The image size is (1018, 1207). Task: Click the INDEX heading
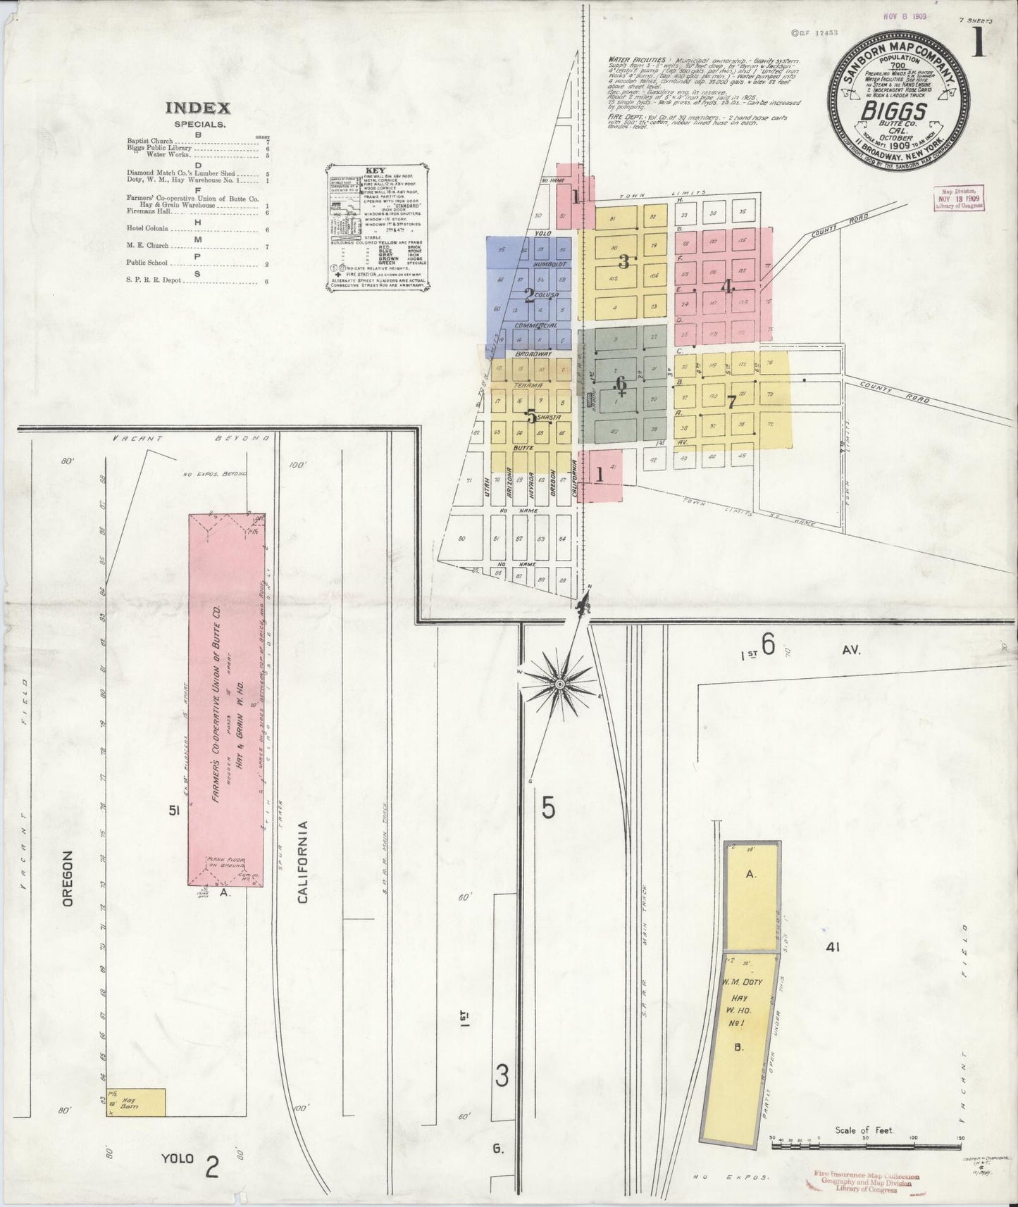[197, 108]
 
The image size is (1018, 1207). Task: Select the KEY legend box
[378, 227]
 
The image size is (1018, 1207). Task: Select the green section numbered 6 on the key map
[620, 384]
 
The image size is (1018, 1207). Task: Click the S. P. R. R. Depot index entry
[154, 280]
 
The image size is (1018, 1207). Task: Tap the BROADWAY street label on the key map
[532, 354]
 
